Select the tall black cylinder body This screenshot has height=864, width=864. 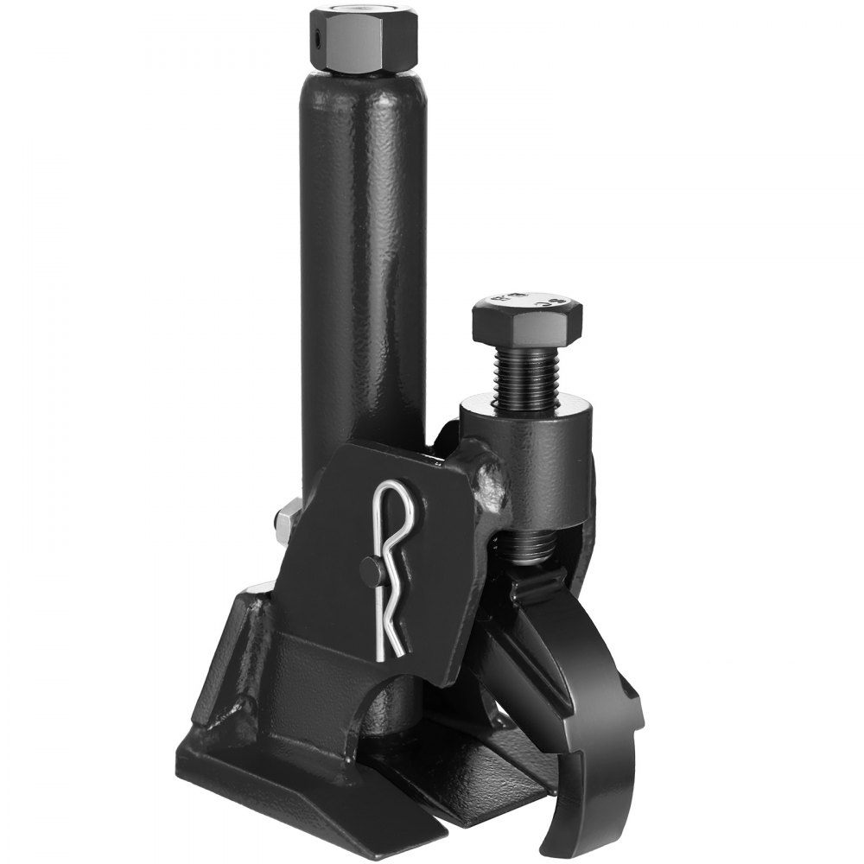tap(363, 259)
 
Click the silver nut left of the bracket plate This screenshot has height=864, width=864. tap(284, 520)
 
